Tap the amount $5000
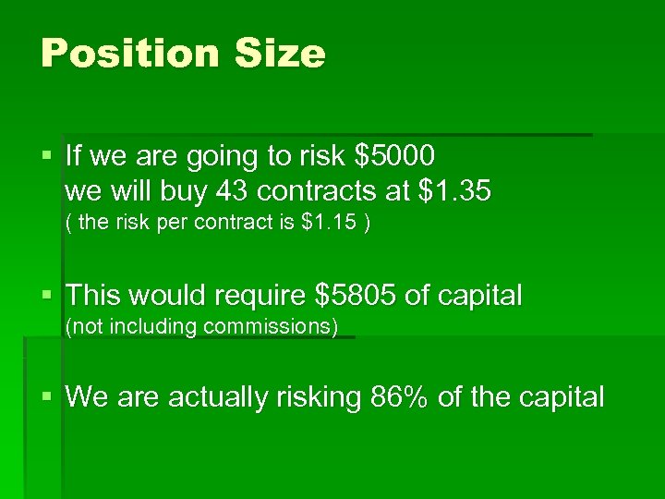(394, 156)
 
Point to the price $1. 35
(455, 191)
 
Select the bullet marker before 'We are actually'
(48, 397)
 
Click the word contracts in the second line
(317, 191)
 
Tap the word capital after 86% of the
(559, 398)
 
